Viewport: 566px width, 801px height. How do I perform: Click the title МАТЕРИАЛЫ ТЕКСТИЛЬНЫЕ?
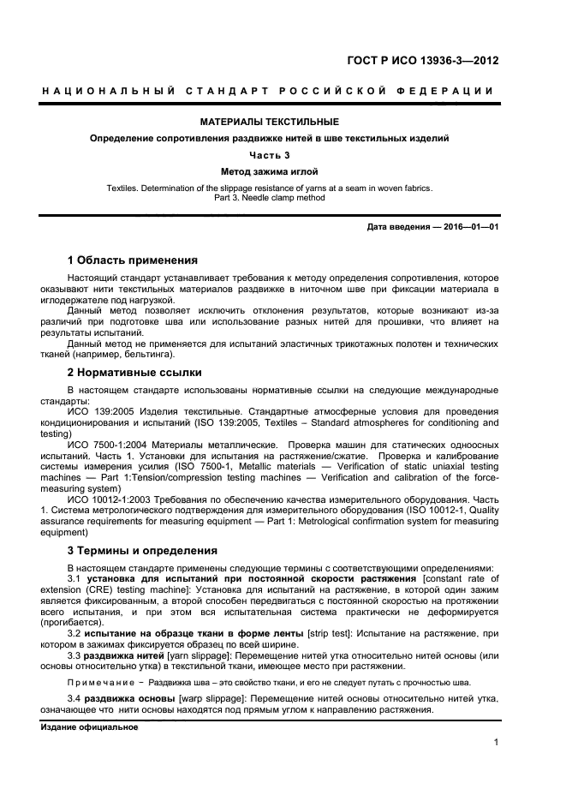pos(270,122)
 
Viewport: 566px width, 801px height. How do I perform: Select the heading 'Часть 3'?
pos(270,155)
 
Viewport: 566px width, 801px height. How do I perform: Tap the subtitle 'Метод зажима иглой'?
pos(270,171)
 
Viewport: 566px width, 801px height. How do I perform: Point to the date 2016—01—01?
pos(468,227)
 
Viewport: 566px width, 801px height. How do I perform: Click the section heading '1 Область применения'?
pos(133,260)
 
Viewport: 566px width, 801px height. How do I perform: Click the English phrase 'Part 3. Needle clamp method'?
pos(270,198)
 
